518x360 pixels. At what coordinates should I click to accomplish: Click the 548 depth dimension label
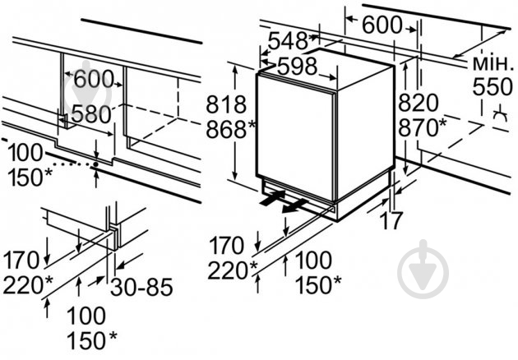(288, 41)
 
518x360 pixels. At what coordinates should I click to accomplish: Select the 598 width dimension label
(297, 66)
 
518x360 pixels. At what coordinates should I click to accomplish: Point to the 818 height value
(226, 104)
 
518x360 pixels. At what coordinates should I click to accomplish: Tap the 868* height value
(230, 129)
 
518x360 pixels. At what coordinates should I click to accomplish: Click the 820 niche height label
(418, 103)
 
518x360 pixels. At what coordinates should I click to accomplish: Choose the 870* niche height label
(422, 127)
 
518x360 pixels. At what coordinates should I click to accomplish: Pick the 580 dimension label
(91, 114)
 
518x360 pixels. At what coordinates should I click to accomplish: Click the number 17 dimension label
(391, 220)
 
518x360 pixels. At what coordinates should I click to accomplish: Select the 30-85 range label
(141, 287)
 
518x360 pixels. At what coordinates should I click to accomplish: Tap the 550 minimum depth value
(493, 86)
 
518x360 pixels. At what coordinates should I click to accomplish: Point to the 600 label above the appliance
(382, 25)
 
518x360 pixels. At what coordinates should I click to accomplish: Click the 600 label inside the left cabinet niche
(94, 79)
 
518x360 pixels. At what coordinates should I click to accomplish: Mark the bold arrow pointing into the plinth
(272, 197)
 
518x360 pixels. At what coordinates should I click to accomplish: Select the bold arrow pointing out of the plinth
(295, 206)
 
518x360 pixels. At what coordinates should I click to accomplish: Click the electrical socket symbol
(500, 114)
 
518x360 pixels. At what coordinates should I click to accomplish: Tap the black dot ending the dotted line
(96, 164)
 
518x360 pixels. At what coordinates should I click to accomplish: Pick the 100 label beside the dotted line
(25, 153)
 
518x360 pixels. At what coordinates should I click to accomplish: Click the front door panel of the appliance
(296, 137)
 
